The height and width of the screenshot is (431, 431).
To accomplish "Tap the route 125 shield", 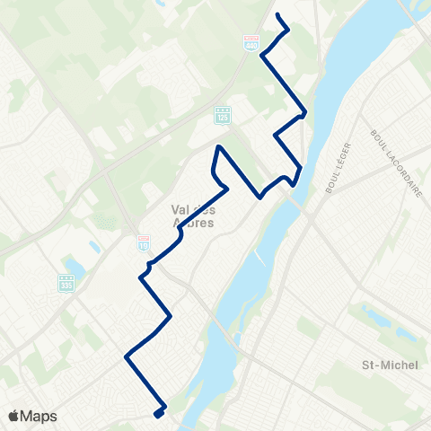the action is point(221,115).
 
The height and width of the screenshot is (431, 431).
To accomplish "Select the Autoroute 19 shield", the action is point(144,242).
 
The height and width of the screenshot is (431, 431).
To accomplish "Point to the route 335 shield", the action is point(66,283).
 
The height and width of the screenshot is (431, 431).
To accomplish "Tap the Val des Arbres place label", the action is point(193,216).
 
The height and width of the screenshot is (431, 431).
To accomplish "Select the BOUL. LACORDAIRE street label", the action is point(396,163).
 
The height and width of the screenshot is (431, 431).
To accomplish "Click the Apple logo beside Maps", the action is point(13,415).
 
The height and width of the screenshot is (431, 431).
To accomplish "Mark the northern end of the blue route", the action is point(277,16).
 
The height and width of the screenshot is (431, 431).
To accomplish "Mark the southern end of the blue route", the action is point(157,415).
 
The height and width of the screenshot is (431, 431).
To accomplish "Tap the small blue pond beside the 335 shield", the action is point(75,267).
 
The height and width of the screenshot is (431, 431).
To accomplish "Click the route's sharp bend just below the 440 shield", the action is point(261,56).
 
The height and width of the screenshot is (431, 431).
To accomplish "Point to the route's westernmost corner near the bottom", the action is point(126,357).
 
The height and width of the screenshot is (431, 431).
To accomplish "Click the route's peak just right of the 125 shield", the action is point(218,145).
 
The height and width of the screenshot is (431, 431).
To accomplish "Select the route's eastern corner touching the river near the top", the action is point(304,113).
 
